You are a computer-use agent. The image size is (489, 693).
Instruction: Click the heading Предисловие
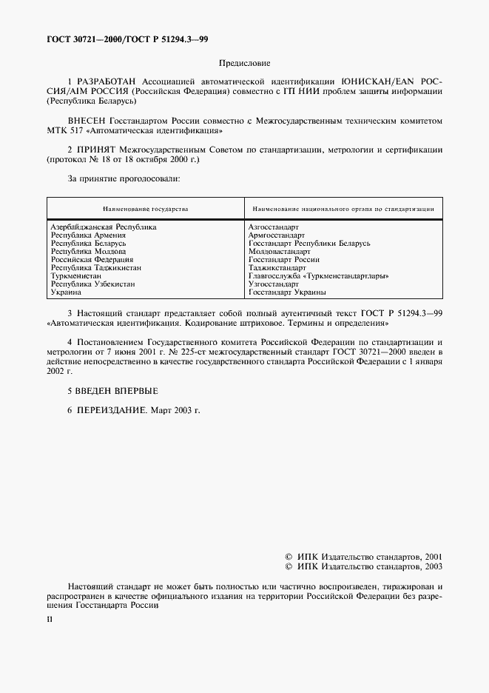pyautogui.click(x=245, y=64)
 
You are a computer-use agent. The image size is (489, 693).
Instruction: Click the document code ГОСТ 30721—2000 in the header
pyautogui.click(x=79, y=38)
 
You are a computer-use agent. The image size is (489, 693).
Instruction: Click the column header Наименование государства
pyautogui.click(x=145, y=209)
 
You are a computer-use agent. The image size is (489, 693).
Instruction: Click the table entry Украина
pyautogui.click(x=65, y=292)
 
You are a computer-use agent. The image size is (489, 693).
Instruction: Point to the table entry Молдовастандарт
pyautogui.click(x=280, y=252)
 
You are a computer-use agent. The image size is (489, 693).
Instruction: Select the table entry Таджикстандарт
pyautogui.click(x=277, y=268)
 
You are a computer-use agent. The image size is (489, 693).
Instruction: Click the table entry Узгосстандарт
pyautogui.click(x=274, y=284)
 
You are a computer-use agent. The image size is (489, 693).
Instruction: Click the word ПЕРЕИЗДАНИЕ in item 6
pyautogui.click(x=114, y=409)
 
